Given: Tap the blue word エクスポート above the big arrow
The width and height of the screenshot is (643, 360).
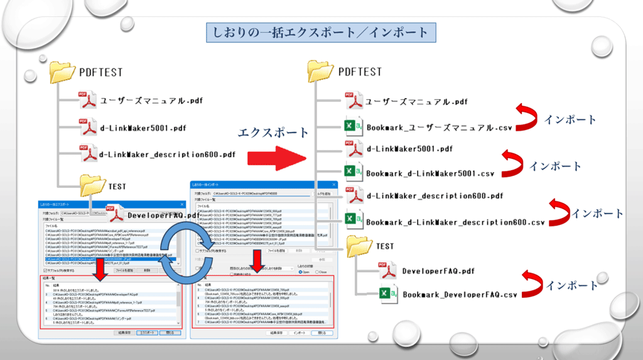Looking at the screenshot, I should tap(273, 133).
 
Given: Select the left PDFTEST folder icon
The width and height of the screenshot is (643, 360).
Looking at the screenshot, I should tap(63, 70).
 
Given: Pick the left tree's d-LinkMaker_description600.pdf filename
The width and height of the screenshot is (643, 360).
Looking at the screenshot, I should tap(168, 154).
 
